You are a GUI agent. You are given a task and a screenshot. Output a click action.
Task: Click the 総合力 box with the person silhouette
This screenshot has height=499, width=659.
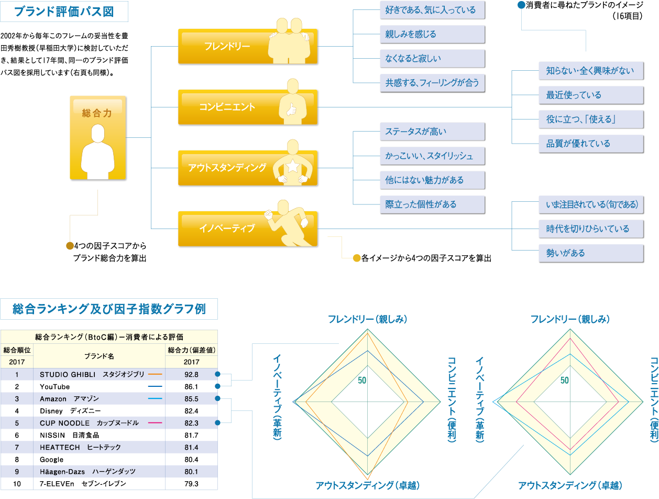point(97,138)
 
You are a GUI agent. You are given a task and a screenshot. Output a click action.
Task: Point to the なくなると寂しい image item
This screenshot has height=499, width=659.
point(432,59)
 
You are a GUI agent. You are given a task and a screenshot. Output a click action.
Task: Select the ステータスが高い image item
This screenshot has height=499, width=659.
point(432,132)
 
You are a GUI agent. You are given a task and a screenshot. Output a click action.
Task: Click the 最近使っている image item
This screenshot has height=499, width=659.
point(591,95)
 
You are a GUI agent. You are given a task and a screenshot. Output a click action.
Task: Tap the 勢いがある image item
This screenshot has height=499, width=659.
point(591,253)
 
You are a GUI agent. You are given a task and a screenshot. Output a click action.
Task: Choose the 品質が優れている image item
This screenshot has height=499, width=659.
point(591,144)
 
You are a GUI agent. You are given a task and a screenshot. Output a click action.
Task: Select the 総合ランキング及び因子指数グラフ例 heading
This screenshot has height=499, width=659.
point(109,309)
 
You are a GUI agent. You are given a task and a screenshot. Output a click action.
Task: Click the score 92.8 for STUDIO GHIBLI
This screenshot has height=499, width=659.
point(191,374)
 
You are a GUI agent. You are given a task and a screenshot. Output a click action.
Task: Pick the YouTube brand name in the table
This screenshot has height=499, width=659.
point(55,387)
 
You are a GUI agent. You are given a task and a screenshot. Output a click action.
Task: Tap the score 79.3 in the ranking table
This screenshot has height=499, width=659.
point(191,484)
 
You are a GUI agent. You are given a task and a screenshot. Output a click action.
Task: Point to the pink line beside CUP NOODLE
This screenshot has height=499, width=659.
point(155,423)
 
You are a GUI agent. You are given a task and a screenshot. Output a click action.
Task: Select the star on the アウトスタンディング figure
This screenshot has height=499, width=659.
point(292,167)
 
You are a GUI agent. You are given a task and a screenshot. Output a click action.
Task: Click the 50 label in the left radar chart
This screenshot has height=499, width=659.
point(362,381)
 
